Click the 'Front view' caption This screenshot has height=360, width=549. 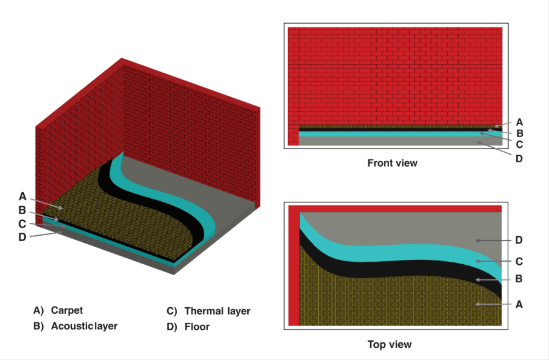(x=392, y=163)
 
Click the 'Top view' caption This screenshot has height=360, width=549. (x=390, y=345)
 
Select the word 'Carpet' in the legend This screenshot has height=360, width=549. (x=67, y=311)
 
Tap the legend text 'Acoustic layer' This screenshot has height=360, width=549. (x=84, y=326)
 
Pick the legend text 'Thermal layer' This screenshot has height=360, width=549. (x=218, y=312)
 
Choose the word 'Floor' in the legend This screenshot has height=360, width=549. (x=197, y=327)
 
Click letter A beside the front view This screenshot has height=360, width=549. (x=519, y=122)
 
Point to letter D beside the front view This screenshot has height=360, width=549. (x=519, y=159)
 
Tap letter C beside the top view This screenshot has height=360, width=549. (x=519, y=262)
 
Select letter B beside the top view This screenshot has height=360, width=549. (x=519, y=279)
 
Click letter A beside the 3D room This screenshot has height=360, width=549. (x=22, y=196)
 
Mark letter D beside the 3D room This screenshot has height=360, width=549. (x=22, y=238)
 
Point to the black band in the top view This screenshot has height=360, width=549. (x=402, y=268)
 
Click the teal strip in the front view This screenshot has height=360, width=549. (x=400, y=134)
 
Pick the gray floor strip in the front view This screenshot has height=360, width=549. (x=400, y=141)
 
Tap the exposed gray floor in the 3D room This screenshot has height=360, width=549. (x=196, y=189)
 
